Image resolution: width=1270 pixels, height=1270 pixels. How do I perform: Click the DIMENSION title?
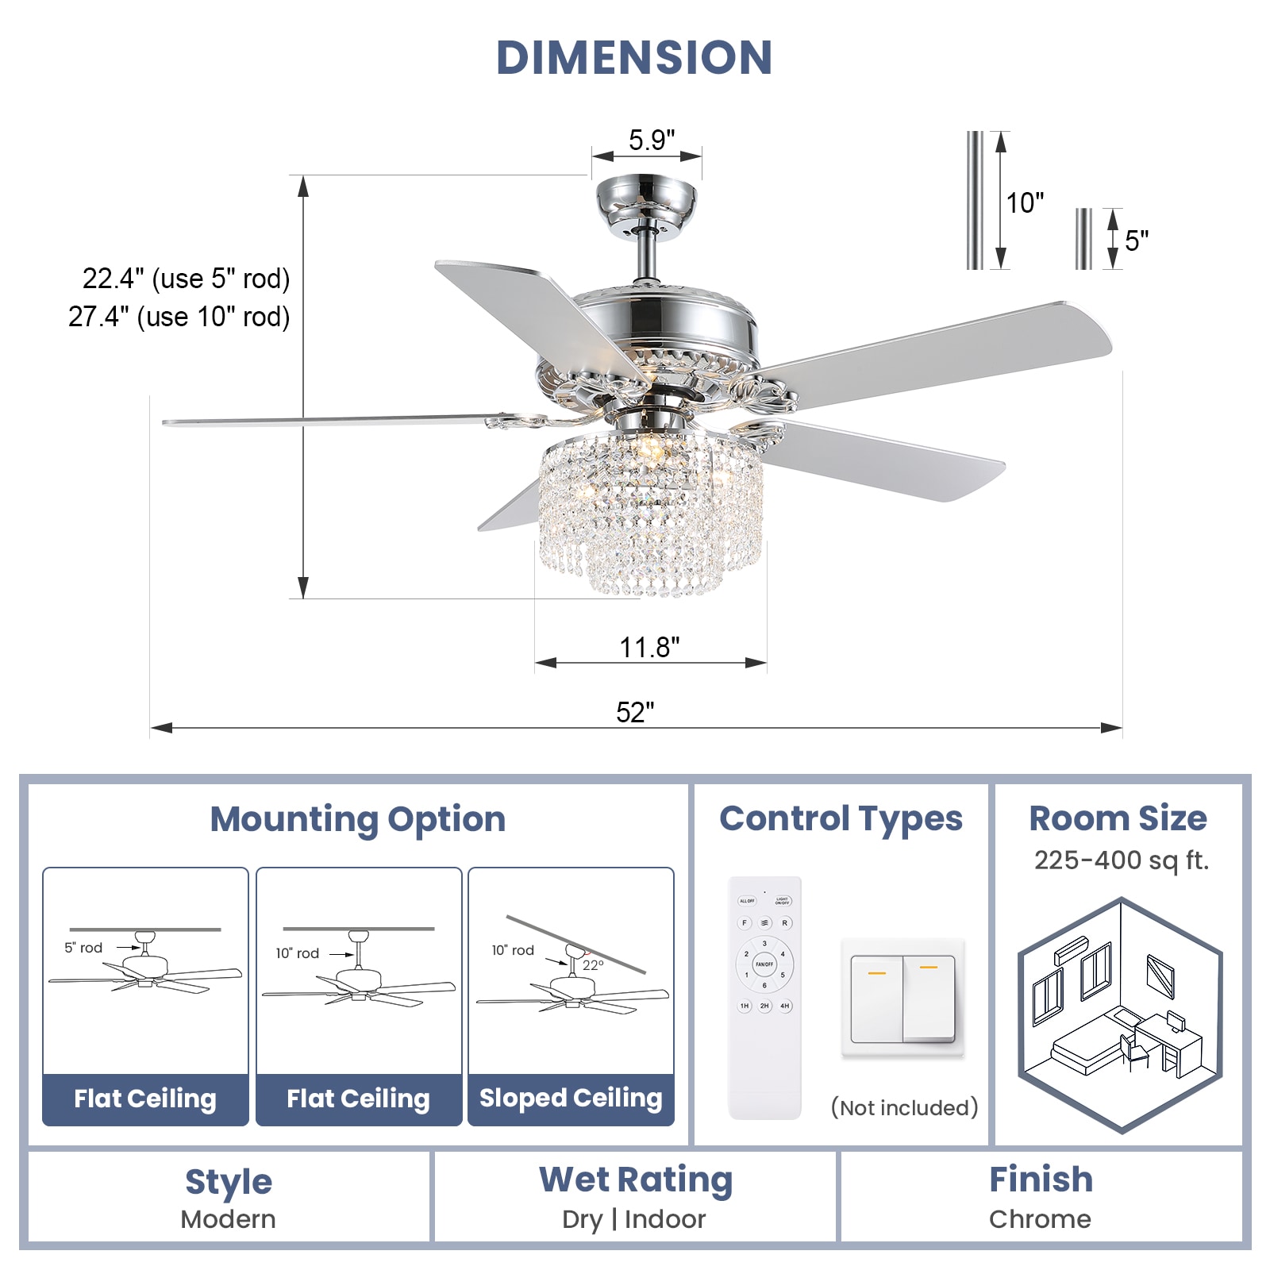pyautogui.click(x=634, y=57)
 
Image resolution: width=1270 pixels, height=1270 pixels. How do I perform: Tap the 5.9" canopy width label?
pyautogui.click(x=651, y=140)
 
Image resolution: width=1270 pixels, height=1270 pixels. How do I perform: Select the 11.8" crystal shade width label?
pyautogui.click(x=649, y=647)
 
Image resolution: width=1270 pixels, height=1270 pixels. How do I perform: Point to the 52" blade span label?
pyautogui.click(x=635, y=712)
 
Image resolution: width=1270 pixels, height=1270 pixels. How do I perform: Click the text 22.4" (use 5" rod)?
pyautogui.click(x=187, y=279)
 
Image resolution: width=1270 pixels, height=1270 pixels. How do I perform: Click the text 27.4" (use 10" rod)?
pyautogui.click(x=179, y=317)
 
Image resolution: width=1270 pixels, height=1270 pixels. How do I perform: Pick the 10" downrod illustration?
pyautogui.click(x=975, y=200)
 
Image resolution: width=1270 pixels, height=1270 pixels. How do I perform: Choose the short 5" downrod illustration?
pyautogui.click(x=1083, y=239)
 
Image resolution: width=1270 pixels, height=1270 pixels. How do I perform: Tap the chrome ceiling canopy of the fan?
pyautogui.click(x=646, y=205)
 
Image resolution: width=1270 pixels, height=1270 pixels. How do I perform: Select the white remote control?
pyautogui.click(x=764, y=998)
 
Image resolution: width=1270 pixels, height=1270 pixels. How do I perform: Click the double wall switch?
pyautogui.click(x=902, y=999)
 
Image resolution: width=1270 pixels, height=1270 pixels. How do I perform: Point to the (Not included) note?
pyautogui.click(x=904, y=1107)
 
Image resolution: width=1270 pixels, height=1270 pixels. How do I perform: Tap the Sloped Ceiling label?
pyautogui.click(x=571, y=1098)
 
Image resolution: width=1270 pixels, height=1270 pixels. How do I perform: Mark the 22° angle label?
pyautogui.click(x=593, y=965)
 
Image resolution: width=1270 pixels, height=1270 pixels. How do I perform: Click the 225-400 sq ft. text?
pyautogui.click(x=1121, y=860)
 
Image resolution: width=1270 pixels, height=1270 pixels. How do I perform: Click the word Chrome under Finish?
pyautogui.click(x=1040, y=1219)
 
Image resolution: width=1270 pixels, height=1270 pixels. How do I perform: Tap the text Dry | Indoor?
pyautogui.click(x=633, y=1219)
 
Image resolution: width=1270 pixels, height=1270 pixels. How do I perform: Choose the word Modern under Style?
pyautogui.click(x=228, y=1219)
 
